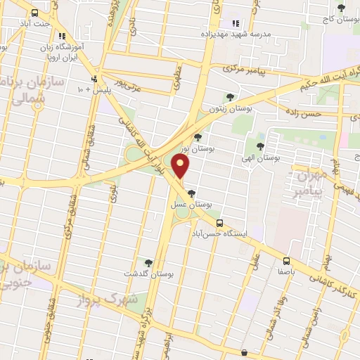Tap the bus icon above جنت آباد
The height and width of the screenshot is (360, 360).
click(x=35, y=12)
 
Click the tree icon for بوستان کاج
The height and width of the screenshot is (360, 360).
click(x=341, y=8)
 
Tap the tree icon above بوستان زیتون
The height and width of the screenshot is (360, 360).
click(x=229, y=97)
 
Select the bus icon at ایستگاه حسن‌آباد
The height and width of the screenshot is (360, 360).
click(x=220, y=223)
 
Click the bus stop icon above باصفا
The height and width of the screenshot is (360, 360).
click(x=286, y=259)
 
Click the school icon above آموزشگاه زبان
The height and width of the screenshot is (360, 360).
click(x=62, y=35)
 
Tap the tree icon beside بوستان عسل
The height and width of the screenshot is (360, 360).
click(x=191, y=193)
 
